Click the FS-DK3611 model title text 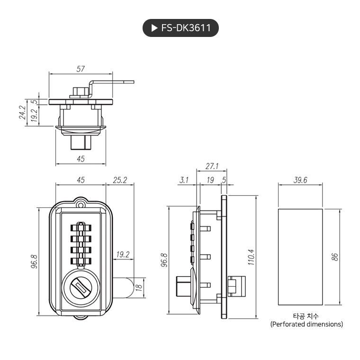pyautogui.click(x=186, y=28)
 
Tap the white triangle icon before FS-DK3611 pyautogui.click(x=154, y=28)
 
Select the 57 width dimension pyautogui.click(x=81, y=69)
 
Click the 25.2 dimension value pyautogui.click(x=119, y=180)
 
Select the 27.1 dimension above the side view pyautogui.click(x=212, y=166)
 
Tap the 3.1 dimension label pyautogui.click(x=184, y=180)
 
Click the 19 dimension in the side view pyautogui.click(x=210, y=180)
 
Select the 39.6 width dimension pyautogui.click(x=300, y=180)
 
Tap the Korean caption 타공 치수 pyautogui.click(x=306, y=316)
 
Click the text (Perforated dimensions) pyautogui.click(x=306, y=324)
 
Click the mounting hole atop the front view pyautogui.click(x=81, y=205)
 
